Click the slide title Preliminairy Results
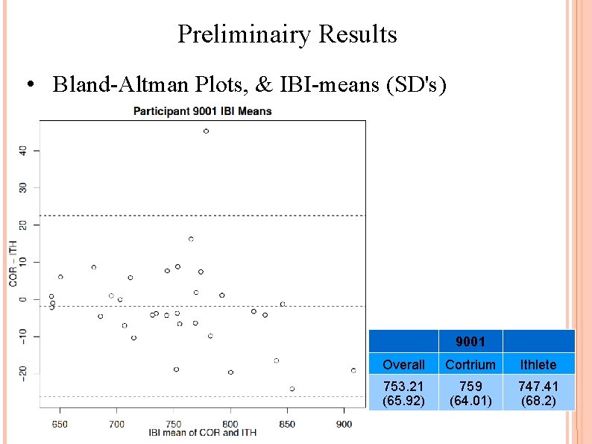[287, 34]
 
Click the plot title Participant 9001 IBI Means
[202, 111]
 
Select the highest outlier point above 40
[206, 131]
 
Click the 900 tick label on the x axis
[344, 424]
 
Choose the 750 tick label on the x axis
[173, 424]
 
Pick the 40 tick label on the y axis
[23, 150]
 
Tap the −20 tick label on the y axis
[23, 373]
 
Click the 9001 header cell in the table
[470, 342]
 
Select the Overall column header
[403, 365]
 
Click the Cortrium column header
[470, 365]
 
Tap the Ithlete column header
[538, 365]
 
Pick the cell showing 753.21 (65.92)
[403, 393]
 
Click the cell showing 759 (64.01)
[470, 393]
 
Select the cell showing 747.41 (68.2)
[538, 393]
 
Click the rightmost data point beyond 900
[353, 370]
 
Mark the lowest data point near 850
[292, 389]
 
